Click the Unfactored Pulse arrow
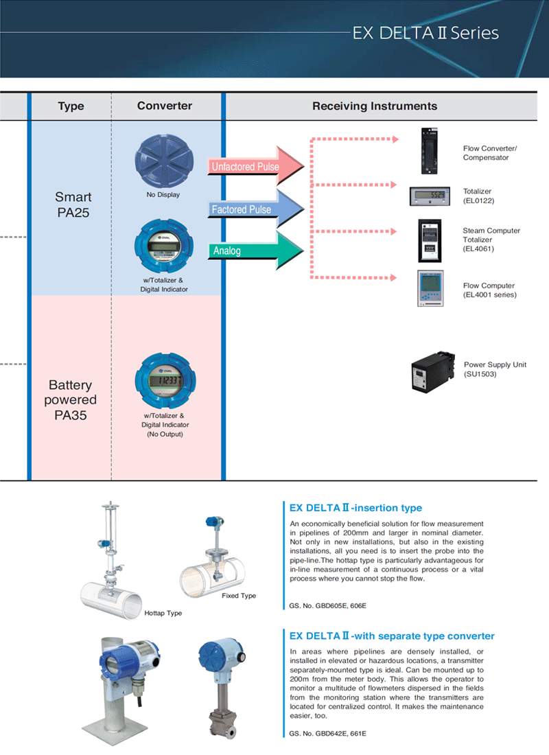coord(255,166)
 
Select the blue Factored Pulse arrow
coord(255,209)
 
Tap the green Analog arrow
coord(255,251)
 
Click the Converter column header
coord(165,106)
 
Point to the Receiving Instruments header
coord(375,106)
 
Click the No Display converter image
coord(164,161)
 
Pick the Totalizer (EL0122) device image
coord(430,196)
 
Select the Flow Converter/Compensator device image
coord(430,151)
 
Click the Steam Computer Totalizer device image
coord(430,240)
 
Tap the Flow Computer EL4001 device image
coord(430,288)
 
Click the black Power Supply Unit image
coord(432,372)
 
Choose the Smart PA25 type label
coord(73,205)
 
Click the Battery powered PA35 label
coord(70,399)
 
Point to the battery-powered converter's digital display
coord(165,380)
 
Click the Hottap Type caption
coord(163,613)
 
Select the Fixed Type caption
coord(239,596)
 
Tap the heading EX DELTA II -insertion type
coord(356,507)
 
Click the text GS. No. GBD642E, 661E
coord(327,733)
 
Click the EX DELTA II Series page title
coord(425,33)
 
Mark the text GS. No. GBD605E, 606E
coord(327,606)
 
